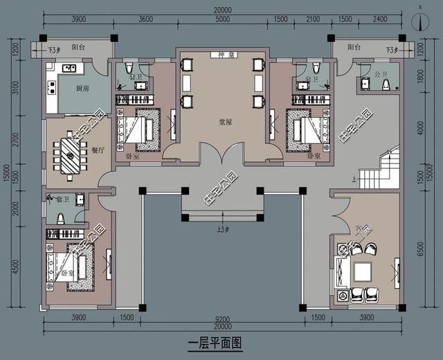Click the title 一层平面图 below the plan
coord(215,343)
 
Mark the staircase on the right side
coord(388,166)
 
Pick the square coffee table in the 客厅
coord(361,272)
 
